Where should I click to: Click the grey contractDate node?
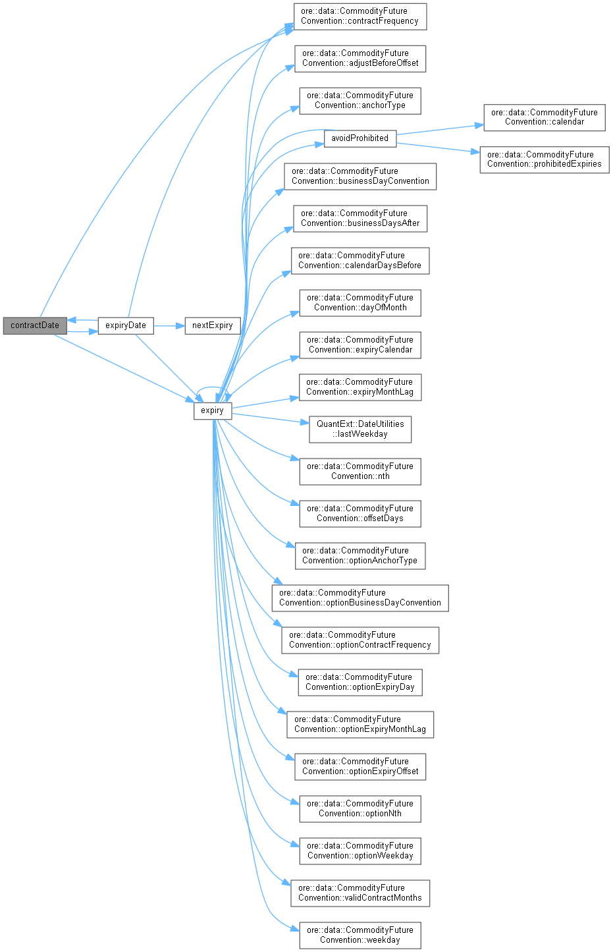(35, 325)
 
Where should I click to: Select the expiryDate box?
(126, 325)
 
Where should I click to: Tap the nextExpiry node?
(212, 325)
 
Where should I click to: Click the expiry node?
(212, 410)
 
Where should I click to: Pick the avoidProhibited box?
(360, 138)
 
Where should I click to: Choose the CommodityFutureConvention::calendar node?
(544, 117)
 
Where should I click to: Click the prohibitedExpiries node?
(544, 159)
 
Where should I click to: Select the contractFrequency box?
(360, 16)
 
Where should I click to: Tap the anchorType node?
(360, 100)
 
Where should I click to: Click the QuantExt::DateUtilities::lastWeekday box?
(360, 429)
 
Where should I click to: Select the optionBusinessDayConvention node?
(360, 598)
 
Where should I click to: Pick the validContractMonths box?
(360, 893)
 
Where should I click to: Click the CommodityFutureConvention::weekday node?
(360, 935)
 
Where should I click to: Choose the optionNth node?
(360, 808)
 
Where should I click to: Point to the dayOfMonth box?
(360, 302)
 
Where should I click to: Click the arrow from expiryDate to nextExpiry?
(169, 325)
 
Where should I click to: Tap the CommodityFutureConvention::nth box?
(360, 471)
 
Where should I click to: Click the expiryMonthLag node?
(360, 387)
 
